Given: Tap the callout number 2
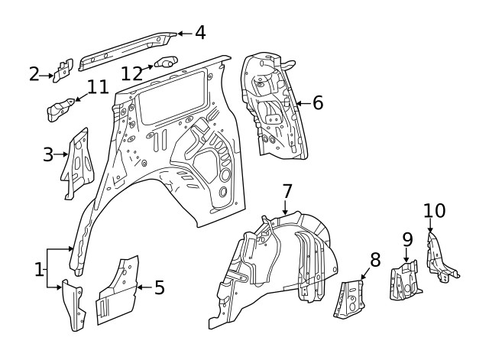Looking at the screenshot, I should pos(34,74).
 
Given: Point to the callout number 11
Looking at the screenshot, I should pos(97,87).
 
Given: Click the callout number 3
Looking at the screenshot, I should pos(47,155).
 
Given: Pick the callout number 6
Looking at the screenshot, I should pos(317,102).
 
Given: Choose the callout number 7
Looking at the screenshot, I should pos(287,190).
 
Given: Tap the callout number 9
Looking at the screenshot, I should pos(407,239).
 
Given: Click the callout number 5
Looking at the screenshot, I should pos(159,287).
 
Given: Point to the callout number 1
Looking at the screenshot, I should pos(39,268).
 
